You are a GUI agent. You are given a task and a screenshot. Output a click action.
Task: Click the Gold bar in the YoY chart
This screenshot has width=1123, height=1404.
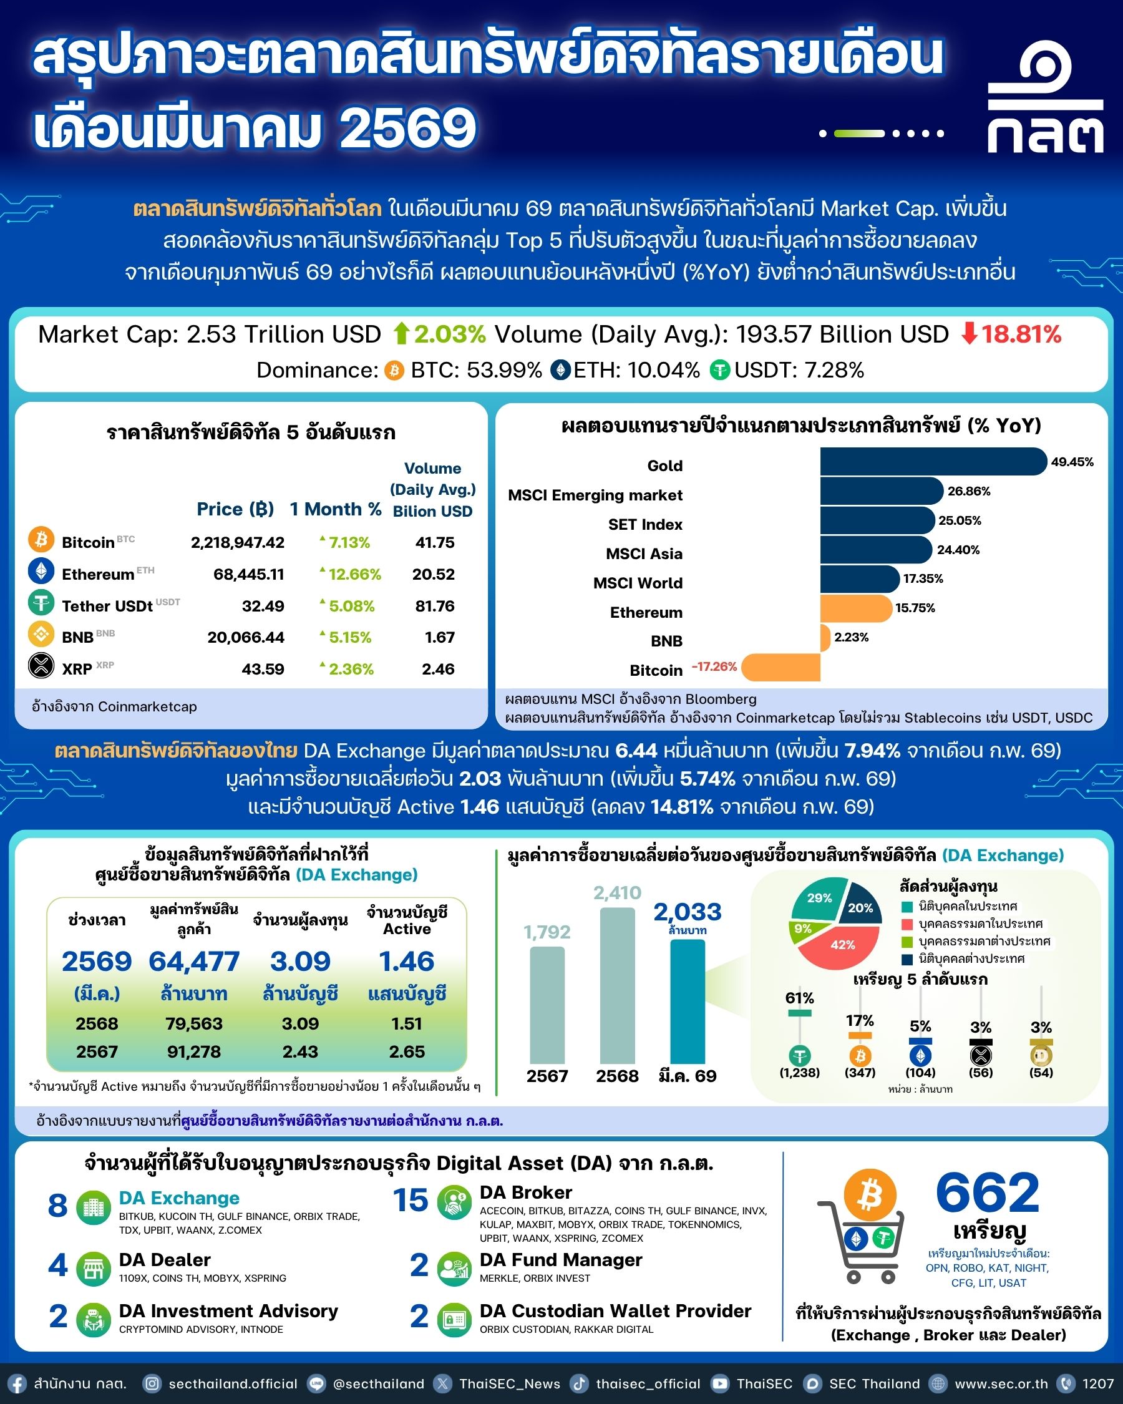[x=932, y=462]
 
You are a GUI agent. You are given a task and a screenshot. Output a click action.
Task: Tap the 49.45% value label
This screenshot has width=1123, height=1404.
[x=1072, y=462]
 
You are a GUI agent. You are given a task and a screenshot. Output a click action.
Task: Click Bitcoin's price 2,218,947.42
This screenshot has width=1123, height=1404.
[x=237, y=542]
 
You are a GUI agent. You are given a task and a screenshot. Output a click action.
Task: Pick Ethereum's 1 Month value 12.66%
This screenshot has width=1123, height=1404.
[x=354, y=574]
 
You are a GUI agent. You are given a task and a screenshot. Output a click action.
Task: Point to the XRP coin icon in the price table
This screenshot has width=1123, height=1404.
[x=41, y=666]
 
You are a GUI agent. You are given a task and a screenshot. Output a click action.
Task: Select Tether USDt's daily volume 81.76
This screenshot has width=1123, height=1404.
[x=434, y=607]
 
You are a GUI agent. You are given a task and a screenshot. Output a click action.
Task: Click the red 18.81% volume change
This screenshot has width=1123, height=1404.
[x=1020, y=334]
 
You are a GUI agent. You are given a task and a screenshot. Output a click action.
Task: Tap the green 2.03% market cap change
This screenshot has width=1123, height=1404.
[x=449, y=334]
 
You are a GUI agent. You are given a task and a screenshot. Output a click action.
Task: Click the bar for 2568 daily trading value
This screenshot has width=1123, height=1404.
[x=616, y=985]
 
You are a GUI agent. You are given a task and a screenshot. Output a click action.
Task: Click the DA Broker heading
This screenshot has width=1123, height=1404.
[x=525, y=1192]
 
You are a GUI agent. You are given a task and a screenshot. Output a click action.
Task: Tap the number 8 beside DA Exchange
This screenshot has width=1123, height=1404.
[x=57, y=1206]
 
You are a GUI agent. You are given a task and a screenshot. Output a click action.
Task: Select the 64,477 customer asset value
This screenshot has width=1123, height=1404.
[x=194, y=962]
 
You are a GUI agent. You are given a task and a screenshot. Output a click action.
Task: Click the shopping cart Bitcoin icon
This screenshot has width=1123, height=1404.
[x=869, y=1196]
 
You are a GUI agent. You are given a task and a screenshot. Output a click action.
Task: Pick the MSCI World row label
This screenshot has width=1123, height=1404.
[x=638, y=583]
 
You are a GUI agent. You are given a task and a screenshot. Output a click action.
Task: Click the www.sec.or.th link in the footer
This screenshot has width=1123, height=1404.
[x=1001, y=1384]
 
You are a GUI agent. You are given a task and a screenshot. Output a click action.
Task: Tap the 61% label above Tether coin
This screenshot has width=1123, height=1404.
[x=799, y=998]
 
